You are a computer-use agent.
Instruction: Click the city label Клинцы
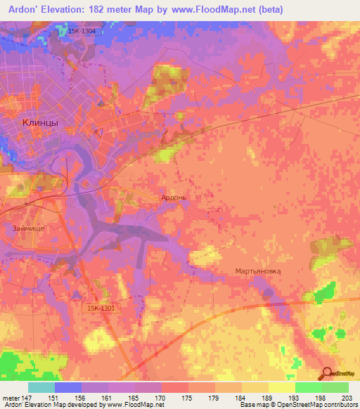(x=40, y=122)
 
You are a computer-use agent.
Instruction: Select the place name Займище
(x=30, y=228)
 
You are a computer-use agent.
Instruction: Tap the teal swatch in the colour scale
(x=41, y=387)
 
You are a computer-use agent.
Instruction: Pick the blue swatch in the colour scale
(x=68, y=387)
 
